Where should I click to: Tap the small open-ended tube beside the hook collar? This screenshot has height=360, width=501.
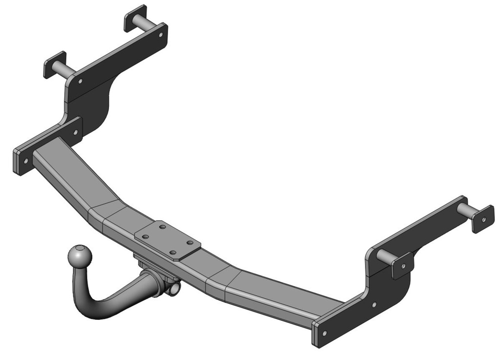pos(174,289)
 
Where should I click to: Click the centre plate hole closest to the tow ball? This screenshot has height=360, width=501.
pos(145,236)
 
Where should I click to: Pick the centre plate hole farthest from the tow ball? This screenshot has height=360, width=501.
pos(189,243)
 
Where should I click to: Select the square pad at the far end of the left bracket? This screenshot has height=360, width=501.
pos(135,18)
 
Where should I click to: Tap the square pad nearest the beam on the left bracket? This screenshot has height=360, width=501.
pos(55,64)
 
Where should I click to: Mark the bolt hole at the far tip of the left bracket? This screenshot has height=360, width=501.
pos(161,34)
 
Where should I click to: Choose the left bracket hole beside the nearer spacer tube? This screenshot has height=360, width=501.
pos(80,81)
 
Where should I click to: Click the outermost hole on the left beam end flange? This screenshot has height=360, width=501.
pos(21,160)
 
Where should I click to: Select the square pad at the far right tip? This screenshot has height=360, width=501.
pos(483,219)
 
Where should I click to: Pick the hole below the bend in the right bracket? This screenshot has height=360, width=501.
pos(374,304)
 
